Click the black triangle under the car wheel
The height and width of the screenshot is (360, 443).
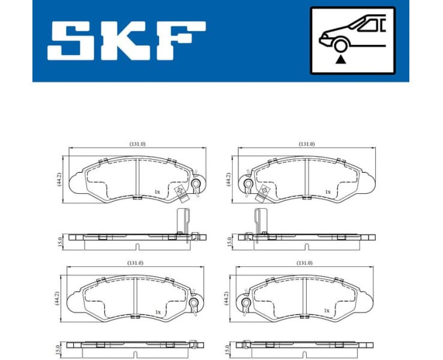point(340,59)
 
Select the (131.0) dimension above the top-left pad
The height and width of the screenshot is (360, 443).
point(137,144)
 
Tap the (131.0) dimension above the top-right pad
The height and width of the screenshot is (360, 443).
point(307,144)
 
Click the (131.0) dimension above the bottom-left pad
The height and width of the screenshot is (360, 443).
point(135,263)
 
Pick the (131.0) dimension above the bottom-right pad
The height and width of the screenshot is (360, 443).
point(305,263)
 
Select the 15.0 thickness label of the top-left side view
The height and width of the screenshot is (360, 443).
point(59,241)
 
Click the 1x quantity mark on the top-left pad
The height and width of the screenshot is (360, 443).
point(157,192)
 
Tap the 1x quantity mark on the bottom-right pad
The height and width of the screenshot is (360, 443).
point(327,311)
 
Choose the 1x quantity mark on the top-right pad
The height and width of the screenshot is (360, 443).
point(327,192)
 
